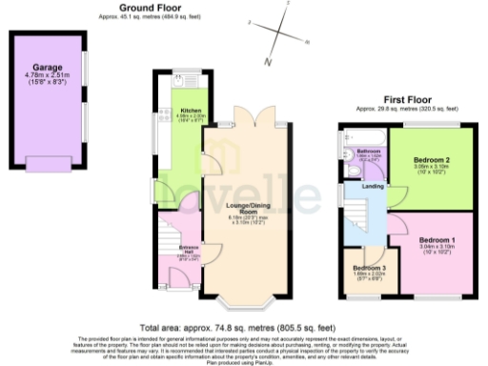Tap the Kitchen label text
click(x=191, y=111)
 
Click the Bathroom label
click(x=369, y=151)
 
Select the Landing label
click(x=374, y=187)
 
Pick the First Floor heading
click(x=407, y=98)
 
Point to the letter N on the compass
click(x=269, y=62)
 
